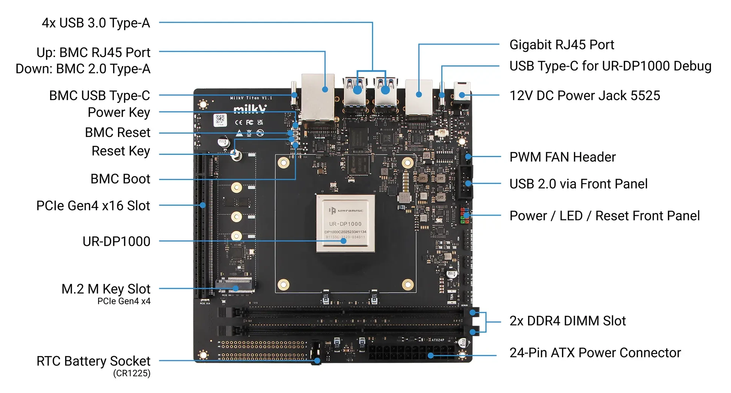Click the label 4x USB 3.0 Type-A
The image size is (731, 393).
96,23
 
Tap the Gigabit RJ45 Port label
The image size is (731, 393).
561,45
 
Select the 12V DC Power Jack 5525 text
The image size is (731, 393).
584,96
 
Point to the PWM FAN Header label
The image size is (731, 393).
562,157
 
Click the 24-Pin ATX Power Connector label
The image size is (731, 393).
595,353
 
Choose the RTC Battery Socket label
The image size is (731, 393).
93,361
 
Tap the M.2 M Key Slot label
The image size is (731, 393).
106,289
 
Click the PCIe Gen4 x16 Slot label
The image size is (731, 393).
93,206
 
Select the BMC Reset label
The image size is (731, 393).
117,133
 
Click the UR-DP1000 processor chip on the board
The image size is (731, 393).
345,223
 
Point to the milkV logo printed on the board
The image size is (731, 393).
250,109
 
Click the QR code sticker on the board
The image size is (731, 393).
220,120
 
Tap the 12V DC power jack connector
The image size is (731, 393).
462,92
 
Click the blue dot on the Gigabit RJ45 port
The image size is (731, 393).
419,94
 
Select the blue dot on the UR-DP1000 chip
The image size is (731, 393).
343,241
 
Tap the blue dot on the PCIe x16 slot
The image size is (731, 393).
203,205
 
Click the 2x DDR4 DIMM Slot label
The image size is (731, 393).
567,321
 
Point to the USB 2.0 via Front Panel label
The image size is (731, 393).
578,184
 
